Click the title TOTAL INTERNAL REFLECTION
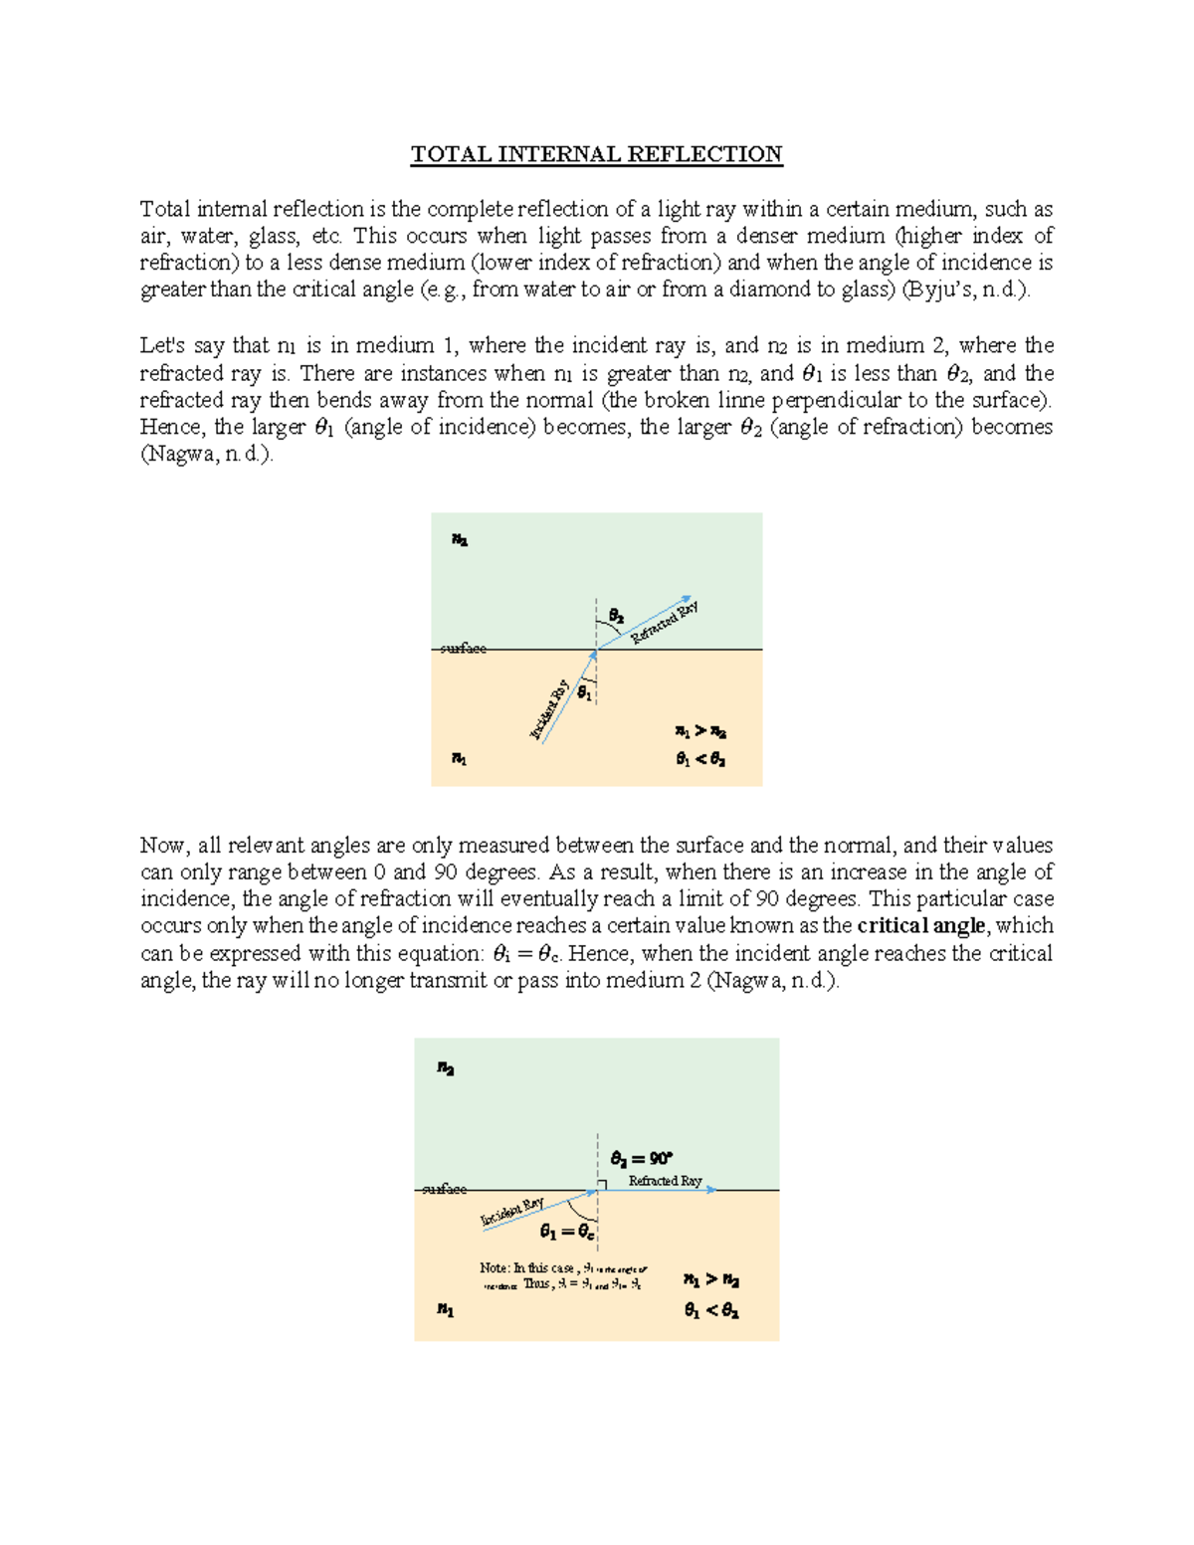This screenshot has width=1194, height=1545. (597, 154)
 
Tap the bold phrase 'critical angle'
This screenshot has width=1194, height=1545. (921, 925)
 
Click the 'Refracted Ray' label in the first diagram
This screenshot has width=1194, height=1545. (665, 623)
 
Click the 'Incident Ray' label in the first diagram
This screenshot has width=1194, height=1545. (550, 709)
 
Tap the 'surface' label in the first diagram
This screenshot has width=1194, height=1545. (464, 649)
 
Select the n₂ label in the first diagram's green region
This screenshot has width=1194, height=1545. (459, 540)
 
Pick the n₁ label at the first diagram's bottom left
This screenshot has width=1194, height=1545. (459, 759)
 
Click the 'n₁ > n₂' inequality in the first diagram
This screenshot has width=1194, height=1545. (700, 732)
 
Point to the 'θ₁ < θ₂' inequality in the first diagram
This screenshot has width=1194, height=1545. (700, 759)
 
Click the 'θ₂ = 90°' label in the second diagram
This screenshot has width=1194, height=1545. (642, 1158)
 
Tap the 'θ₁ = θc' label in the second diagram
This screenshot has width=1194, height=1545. (567, 1232)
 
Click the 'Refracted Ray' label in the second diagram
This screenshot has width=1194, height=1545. (665, 1181)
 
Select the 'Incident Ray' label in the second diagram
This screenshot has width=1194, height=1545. (512, 1212)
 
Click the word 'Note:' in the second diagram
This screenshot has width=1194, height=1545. (495, 1268)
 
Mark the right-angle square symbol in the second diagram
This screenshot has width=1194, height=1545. (602, 1185)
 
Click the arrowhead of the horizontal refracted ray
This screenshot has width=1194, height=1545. (710, 1190)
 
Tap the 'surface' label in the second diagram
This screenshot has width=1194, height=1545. (444, 1189)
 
